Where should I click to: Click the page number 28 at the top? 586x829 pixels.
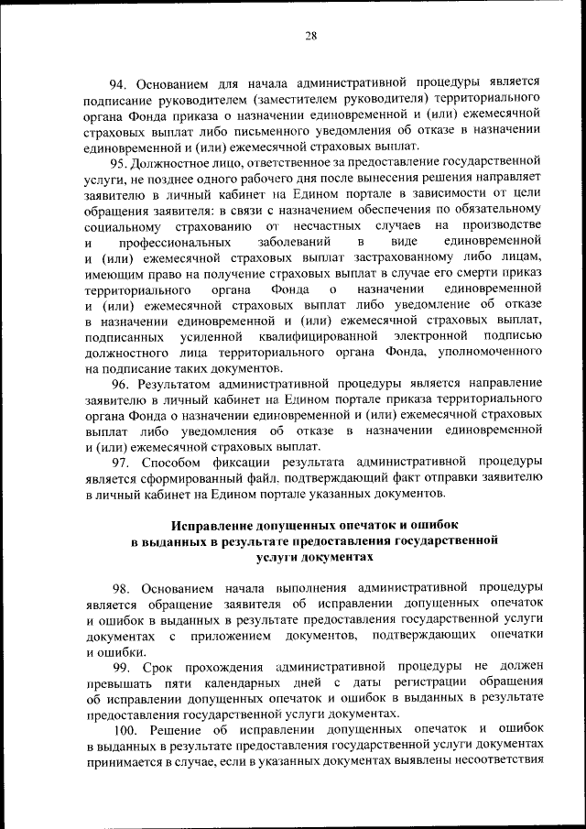[x=310, y=36]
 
